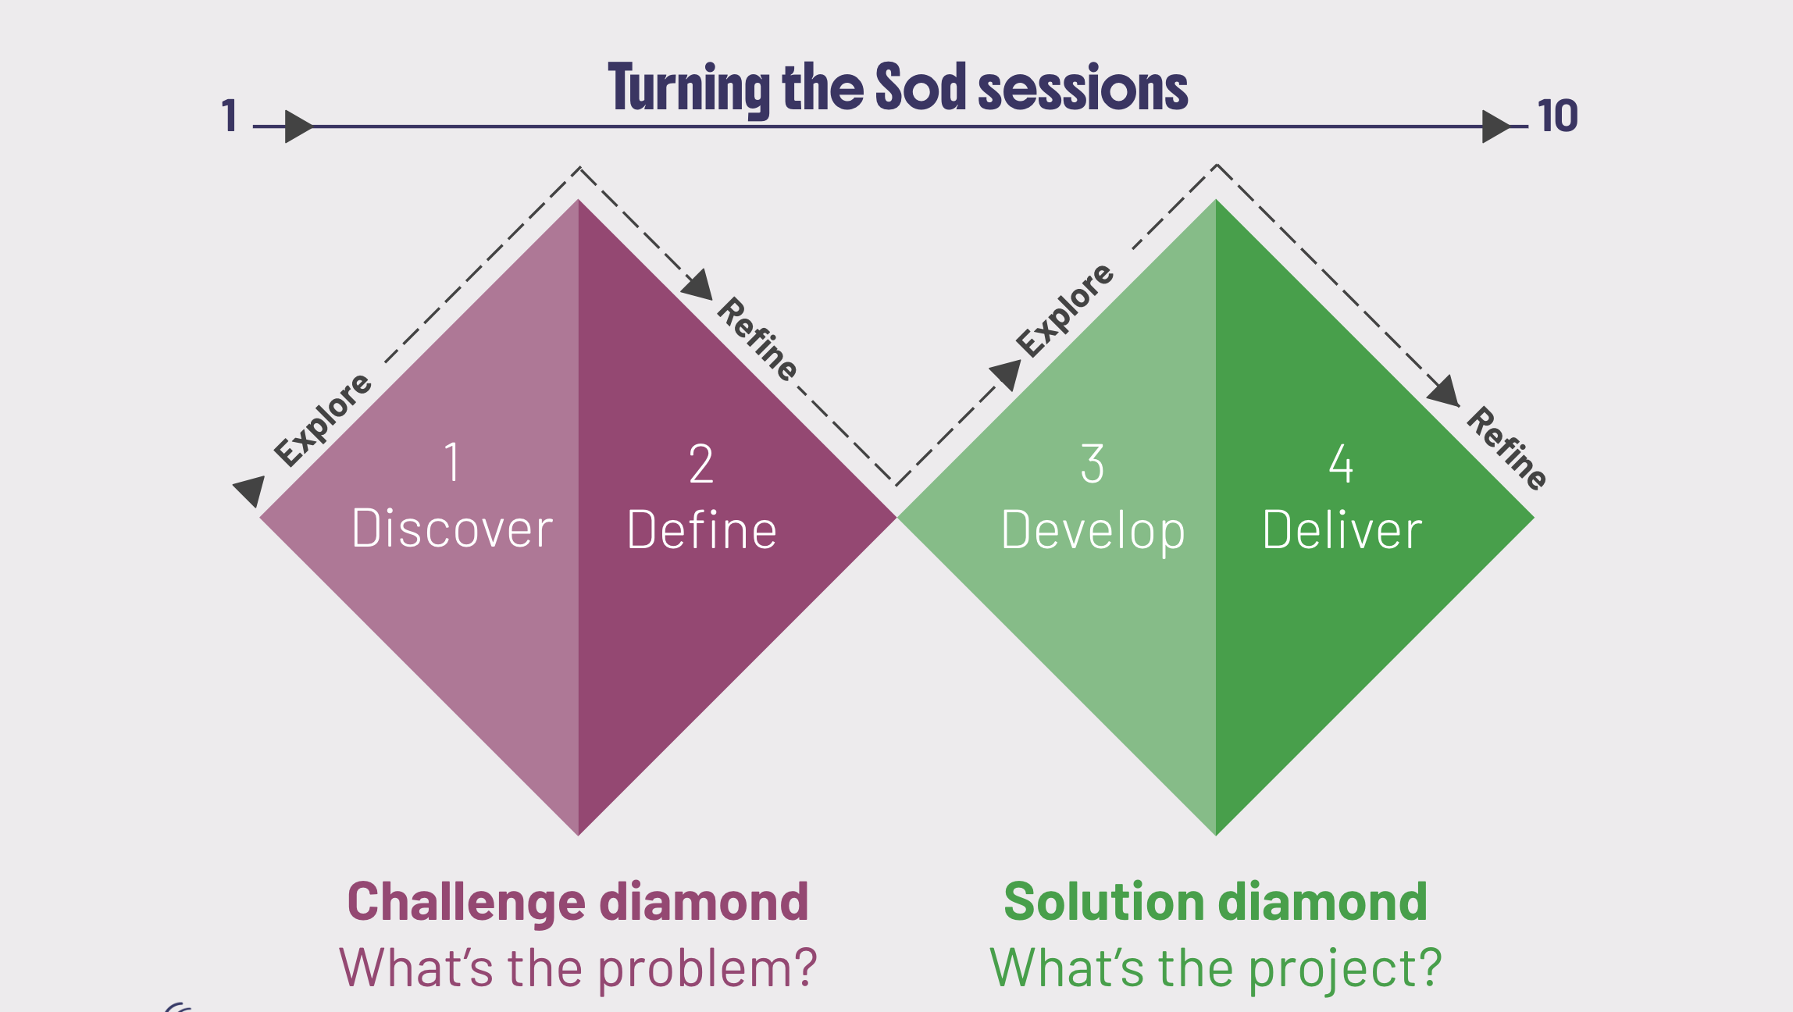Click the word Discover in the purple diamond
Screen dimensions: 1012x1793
(x=452, y=529)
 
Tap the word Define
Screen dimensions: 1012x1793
(x=701, y=531)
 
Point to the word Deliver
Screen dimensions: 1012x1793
(x=1342, y=531)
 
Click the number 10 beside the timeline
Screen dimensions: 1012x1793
(x=1557, y=116)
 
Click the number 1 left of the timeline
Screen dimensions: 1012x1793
(x=229, y=116)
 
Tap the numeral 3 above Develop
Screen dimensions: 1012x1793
(x=1093, y=464)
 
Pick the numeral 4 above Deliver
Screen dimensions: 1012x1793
(x=1341, y=464)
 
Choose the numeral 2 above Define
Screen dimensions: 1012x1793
(x=701, y=464)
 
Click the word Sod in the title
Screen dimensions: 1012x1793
(x=921, y=87)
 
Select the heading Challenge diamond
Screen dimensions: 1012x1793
(x=578, y=902)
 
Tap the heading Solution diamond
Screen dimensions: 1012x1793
(x=1215, y=902)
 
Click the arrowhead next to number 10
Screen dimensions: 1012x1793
(x=1495, y=126)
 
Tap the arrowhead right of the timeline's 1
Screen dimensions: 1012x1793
(x=298, y=126)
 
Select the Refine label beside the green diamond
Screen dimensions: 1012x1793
(x=1506, y=448)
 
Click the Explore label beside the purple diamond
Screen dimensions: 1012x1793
(x=323, y=419)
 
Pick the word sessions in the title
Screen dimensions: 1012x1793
(x=1083, y=87)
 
